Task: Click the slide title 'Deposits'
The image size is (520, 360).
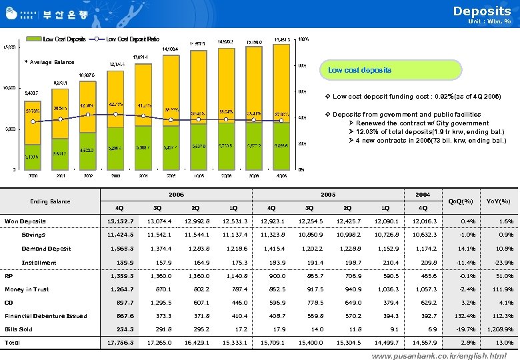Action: (481, 11)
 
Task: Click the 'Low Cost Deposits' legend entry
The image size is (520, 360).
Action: (65, 39)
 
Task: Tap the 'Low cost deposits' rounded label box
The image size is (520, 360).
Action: (359, 70)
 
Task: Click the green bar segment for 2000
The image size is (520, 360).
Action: (32, 153)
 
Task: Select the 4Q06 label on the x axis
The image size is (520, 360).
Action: (281, 176)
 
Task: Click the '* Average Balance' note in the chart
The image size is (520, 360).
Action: (49, 62)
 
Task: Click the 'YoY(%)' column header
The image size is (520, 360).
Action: (499, 201)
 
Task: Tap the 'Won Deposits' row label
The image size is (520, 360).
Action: (25, 221)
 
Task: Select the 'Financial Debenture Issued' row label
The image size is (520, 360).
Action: (46, 316)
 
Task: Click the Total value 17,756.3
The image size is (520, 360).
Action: (121, 343)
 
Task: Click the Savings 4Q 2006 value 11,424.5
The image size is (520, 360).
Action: (121, 235)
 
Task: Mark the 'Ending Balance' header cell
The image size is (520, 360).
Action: (50, 201)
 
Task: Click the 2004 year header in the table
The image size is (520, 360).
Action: (423, 195)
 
